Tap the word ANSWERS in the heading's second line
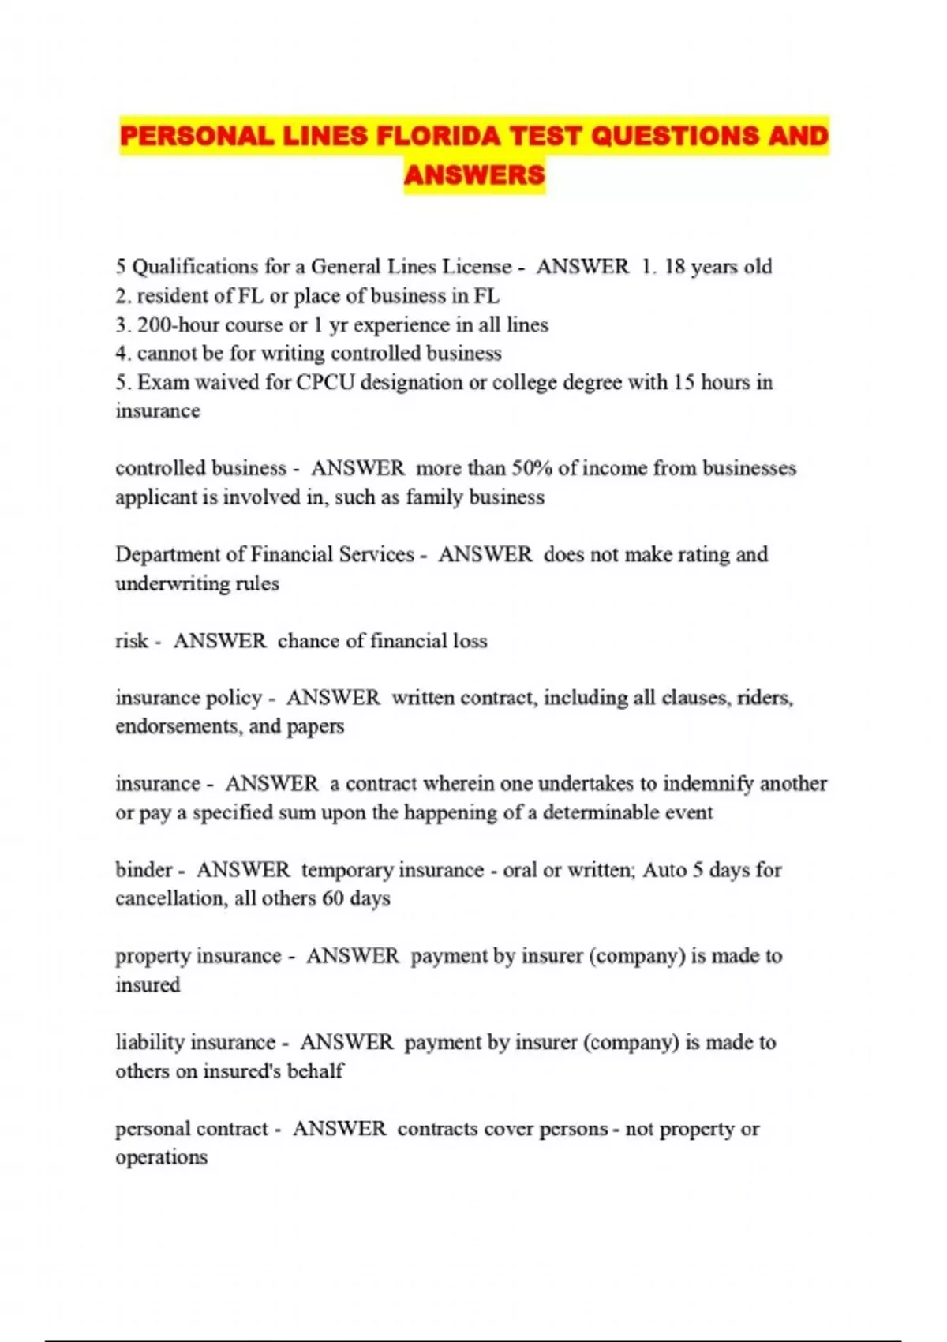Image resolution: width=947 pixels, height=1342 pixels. tap(473, 174)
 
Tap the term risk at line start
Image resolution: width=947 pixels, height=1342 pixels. tap(131, 641)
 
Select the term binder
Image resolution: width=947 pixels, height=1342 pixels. tap(144, 870)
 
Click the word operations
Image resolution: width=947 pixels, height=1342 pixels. tap(161, 1158)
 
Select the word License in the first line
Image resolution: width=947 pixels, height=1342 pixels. tap(477, 267)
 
